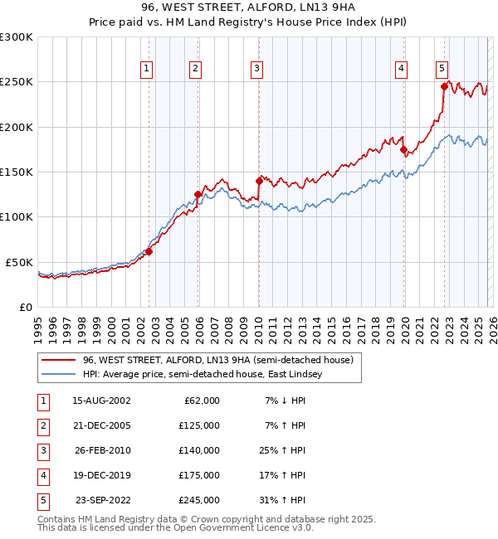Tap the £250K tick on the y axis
coord(17,82)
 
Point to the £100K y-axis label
coord(17,216)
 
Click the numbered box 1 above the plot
coord(147,69)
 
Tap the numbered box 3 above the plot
coord(257,69)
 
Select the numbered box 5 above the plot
coord(442,69)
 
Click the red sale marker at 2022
coord(444,86)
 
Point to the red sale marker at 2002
coord(149,251)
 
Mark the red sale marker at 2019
coord(404,150)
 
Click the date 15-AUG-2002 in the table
coord(101,401)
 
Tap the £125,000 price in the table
coord(198,425)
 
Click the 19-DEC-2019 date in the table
coord(101,475)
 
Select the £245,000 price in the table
coord(198,500)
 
